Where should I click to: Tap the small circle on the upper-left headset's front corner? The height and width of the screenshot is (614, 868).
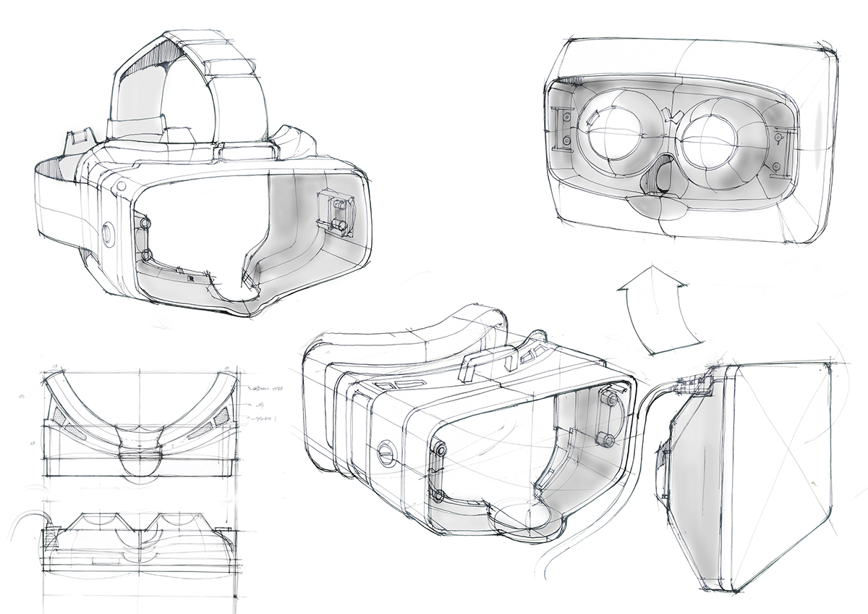tap(120, 185)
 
